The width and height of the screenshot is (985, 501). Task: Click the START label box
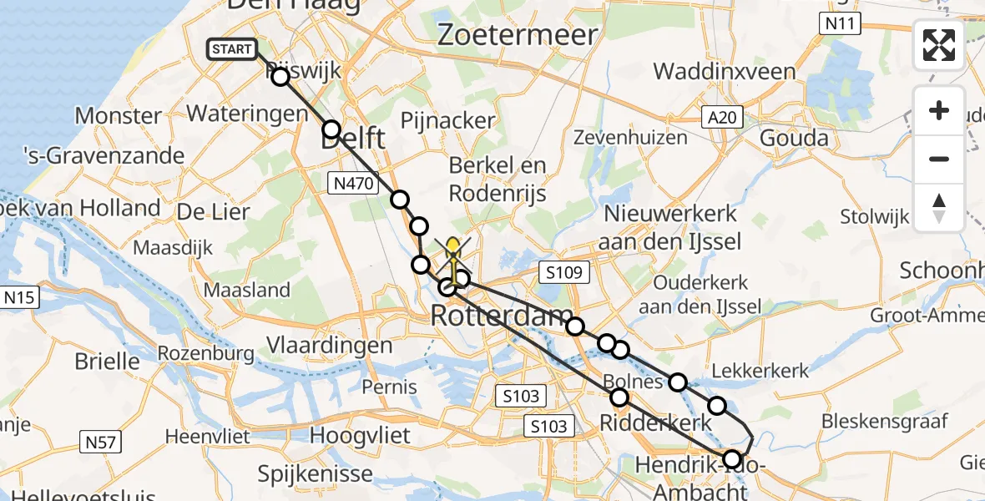point(232,49)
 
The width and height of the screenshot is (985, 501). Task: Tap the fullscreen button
point(939,45)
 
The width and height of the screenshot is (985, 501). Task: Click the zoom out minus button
point(939,159)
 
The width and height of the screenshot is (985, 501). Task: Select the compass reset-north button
point(939,207)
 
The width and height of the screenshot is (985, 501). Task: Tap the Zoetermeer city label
point(518,35)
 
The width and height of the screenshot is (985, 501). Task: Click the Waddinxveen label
point(725,71)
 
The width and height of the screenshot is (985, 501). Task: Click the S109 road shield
point(564,272)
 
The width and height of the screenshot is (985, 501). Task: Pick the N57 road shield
point(100,441)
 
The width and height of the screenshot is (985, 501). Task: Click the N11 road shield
point(839,24)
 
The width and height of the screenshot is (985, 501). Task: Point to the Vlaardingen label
point(329,345)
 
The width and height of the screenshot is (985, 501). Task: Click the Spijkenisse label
point(315,474)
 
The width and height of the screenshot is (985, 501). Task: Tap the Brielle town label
point(107,362)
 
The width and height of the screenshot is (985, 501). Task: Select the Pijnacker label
point(448,120)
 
